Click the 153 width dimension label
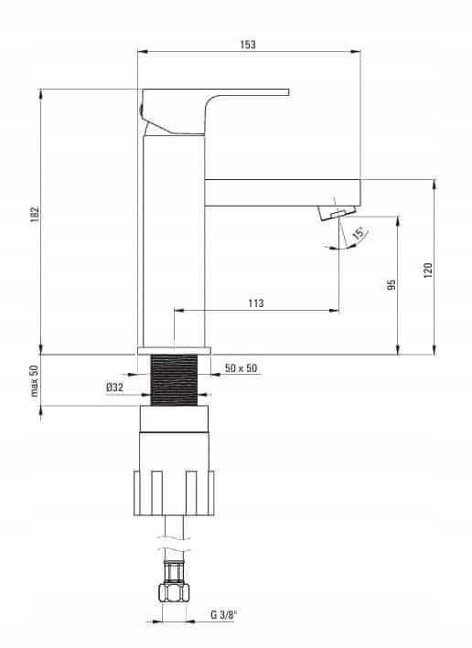click(248, 45)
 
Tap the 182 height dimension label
click(35, 215)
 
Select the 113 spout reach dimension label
click(255, 303)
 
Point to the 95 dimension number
click(392, 284)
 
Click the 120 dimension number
click(428, 271)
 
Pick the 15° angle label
click(359, 233)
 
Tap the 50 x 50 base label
click(241, 367)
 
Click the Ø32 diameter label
click(114, 388)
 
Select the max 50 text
click(35, 380)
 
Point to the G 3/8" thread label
click(224, 615)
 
